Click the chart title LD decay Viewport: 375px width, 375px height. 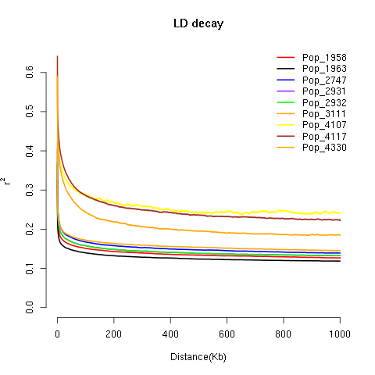[x=198, y=23]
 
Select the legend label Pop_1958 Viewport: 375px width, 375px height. [x=324, y=58]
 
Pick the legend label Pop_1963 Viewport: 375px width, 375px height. [x=324, y=69]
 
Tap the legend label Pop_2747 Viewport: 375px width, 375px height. [x=324, y=80]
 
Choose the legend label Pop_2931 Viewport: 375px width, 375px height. [x=324, y=91]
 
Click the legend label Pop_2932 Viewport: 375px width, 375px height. [x=324, y=103]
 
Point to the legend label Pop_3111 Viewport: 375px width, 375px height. [x=324, y=114]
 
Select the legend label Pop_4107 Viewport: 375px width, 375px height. [x=324, y=126]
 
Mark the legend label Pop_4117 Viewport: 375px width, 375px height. [x=324, y=137]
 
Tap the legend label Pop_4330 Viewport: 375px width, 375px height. [x=324, y=148]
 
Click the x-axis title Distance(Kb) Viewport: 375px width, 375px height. [x=198, y=358]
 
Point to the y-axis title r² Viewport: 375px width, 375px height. [x=9, y=180]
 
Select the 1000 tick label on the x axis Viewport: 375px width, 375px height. [x=340, y=334]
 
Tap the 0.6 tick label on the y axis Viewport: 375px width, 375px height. [x=29, y=72]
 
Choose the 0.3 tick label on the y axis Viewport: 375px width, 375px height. [x=29, y=190]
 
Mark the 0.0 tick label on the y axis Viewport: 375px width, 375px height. [x=29, y=308]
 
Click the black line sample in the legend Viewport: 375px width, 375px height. [x=285, y=69]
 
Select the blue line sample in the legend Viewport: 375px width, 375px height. [x=285, y=80]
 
